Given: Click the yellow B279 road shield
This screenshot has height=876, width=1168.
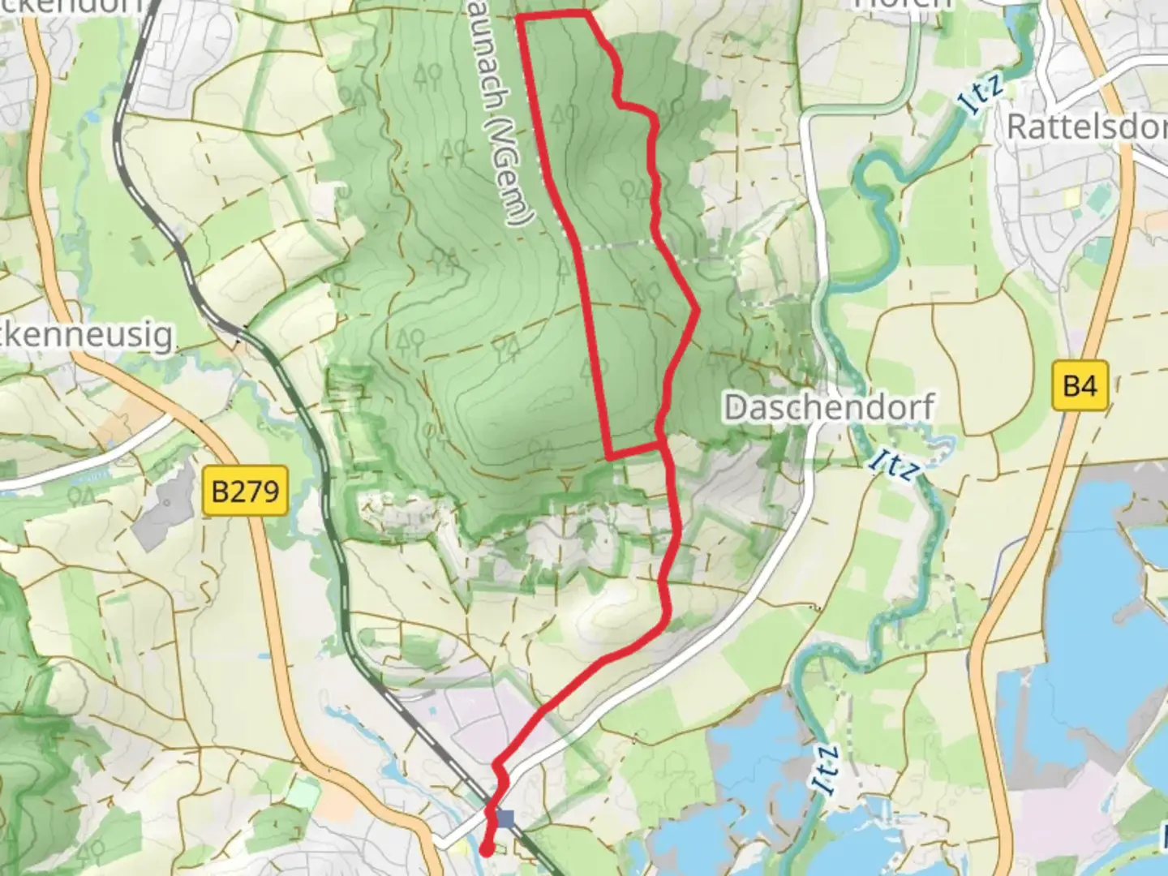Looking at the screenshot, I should [x=245, y=491].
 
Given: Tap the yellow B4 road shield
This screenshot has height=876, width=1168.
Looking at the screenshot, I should [x=1080, y=385].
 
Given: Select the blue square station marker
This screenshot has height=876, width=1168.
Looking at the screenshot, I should [x=507, y=819].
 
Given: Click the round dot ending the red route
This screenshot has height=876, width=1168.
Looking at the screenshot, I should [x=486, y=850].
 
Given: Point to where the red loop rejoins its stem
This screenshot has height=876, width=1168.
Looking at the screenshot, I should [x=664, y=444].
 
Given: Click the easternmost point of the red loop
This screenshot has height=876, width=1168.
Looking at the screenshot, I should [x=697, y=309].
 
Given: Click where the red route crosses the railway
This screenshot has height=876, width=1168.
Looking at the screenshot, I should [x=491, y=811].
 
